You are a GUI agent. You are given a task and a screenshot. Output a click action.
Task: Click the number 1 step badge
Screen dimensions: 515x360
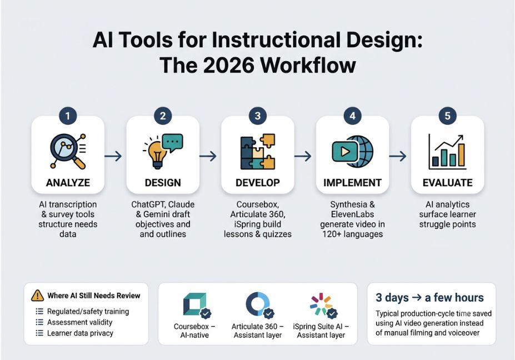pyautogui.click(x=68, y=116)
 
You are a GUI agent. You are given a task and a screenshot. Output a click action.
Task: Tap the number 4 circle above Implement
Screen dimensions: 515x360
pyautogui.click(x=352, y=116)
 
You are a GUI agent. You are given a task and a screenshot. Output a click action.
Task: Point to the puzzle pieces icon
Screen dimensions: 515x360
pyautogui.click(x=258, y=152)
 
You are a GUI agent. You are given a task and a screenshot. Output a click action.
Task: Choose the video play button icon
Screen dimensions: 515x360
pyautogui.click(x=345, y=152)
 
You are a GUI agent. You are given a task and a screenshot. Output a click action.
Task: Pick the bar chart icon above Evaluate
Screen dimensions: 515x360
pyautogui.click(x=447, y=152)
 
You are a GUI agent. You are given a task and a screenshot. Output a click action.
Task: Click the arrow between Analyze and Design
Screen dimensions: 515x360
pyautogui.click(x=113, y=156)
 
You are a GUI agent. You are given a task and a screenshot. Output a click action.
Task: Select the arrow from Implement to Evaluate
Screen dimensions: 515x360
pyautogui.click(x=398, y=156)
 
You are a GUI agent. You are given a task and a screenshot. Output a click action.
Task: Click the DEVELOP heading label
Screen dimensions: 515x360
pyautogui.click(x=258, y=183)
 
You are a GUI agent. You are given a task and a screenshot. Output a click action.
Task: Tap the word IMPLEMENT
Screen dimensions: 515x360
pyautogui.click(x=352, y=183)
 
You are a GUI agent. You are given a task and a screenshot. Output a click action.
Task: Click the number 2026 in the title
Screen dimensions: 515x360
pyautogui.click(x=228, y=65)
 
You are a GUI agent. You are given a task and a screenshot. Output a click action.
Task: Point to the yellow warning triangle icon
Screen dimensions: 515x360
pyautogui.click(x=37, y=296)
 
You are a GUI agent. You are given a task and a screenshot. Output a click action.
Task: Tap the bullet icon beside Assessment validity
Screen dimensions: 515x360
pyautogui.click(x=39, y=322)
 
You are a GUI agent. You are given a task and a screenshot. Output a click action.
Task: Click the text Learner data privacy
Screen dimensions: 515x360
pyautogui.click(x=80, y=333)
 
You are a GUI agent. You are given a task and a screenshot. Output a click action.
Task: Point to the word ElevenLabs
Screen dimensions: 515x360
pyautogui.click(x=352, y=214)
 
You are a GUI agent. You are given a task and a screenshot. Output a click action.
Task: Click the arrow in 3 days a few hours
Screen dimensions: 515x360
pyautogui.click(x=417, y=298)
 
